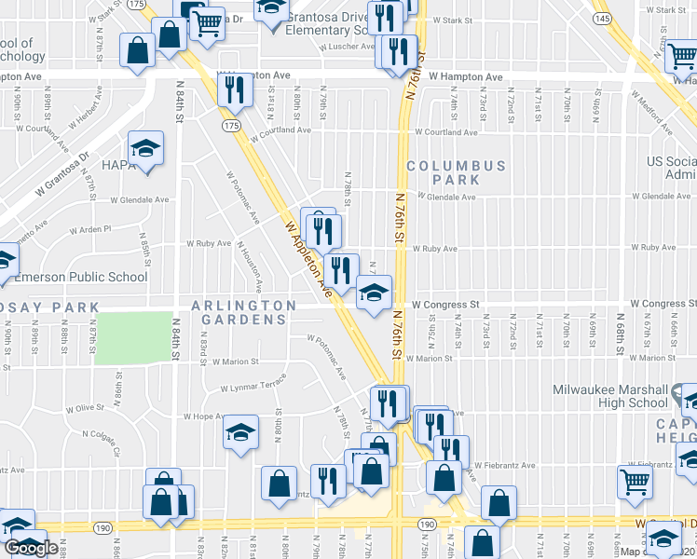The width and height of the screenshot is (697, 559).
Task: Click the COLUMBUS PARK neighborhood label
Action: tap(456, 172)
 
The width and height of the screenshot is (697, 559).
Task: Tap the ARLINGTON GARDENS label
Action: tap(243, 312)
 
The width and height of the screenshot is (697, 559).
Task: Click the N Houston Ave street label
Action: tap(251, 266)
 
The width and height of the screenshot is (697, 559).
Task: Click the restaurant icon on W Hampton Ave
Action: tap(233, 89)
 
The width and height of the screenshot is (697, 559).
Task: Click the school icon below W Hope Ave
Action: tap(240, 431)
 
